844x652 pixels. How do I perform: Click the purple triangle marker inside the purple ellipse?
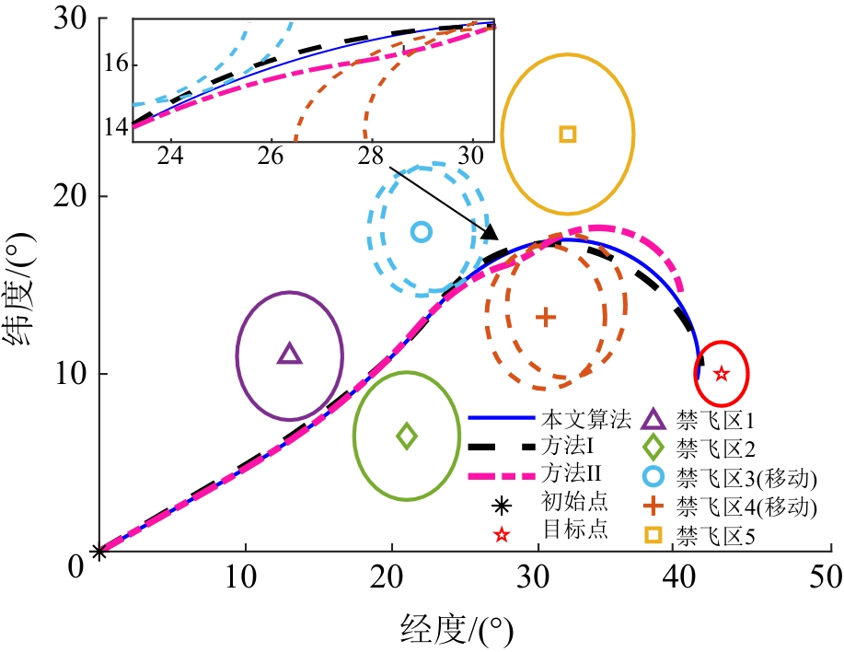click(x=289, y=355)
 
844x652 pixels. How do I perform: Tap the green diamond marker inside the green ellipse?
click(x=407, y=436)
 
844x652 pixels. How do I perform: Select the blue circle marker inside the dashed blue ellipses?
click(x=422, y=232)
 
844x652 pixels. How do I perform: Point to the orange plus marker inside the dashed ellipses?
click(x=546, y=317)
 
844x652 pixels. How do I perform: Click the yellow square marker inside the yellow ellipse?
click(x=568, y=134)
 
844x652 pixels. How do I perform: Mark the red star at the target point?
click(x=722, y=374)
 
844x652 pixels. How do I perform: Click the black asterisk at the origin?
click(x=99, y=553)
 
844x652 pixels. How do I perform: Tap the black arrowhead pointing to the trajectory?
click(x=491, y=234)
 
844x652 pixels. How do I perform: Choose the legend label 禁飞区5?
click(x=715, y=535)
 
